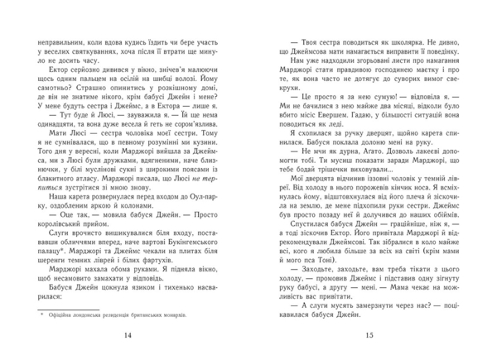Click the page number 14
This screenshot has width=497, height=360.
127,334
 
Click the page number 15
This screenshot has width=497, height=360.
369,334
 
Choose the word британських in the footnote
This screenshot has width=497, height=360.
162,314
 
